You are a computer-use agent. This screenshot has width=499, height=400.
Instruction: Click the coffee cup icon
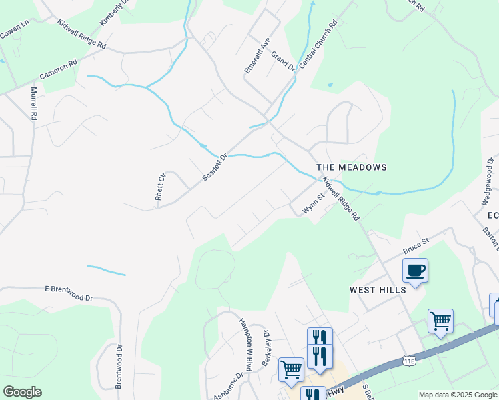[x=414, y=271]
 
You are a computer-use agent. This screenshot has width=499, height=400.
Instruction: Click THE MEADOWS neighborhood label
[x=351, y=167]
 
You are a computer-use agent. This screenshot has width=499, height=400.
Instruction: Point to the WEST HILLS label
[x=378, y=290]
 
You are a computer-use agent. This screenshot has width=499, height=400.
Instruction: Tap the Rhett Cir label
[x=159, y=187]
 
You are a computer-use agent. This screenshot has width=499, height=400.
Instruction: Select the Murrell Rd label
[x=33, y=103]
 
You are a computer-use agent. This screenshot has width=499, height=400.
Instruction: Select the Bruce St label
[x=415, y=247]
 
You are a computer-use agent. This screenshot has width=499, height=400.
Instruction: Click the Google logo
[x=22, y=392]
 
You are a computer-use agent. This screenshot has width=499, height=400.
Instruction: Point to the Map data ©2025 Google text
[x=458, y=395]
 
